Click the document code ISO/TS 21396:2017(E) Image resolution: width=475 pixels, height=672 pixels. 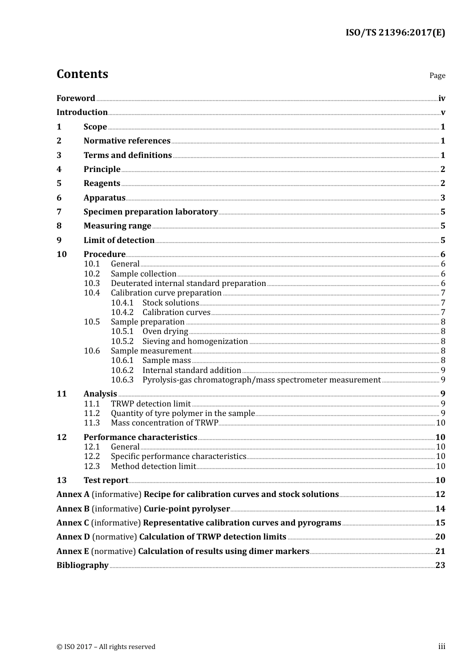(x=395, y=33)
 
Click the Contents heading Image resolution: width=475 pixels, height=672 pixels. (x=82, y=74)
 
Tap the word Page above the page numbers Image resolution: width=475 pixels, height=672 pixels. (x=437, y=75)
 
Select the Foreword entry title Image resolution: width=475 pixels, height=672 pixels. (x=75, y=98)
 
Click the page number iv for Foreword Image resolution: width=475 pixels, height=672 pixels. (x=441, y=98)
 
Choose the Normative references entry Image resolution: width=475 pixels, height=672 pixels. (x=127, y=141)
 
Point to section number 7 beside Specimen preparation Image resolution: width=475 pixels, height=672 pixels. (x=59, y=212)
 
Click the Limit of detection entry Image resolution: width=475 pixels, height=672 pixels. (x=119, y=240)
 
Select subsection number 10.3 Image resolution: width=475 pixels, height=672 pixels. (x=91, y=283)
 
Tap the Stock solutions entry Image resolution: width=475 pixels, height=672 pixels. (x=170, y=303)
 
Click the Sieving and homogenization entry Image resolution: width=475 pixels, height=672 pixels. (x=195, y=341)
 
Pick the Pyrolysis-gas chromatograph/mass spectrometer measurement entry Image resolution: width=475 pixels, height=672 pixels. (x=261, y=380)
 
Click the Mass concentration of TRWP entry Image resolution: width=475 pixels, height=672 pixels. (x=164, y=423)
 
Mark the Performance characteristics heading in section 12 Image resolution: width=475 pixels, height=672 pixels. (x=140, y=437)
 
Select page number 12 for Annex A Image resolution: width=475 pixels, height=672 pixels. (x=440, y=494)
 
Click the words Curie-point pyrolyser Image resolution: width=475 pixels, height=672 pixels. (x=186, y=509)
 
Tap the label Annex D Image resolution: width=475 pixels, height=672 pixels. (x=73, y=537)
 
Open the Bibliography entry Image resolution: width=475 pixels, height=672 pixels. (x=82, y=565)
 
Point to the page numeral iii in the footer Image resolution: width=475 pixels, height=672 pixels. (x=441, y=646)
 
